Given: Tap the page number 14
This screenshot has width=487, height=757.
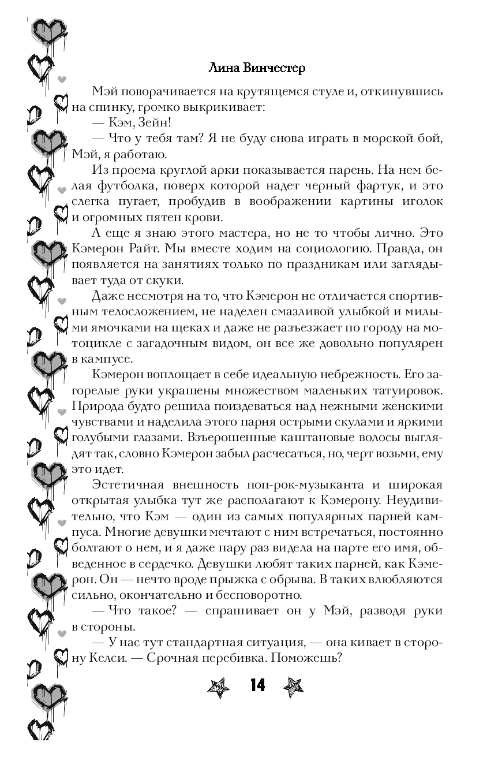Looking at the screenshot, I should coord(257,685).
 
